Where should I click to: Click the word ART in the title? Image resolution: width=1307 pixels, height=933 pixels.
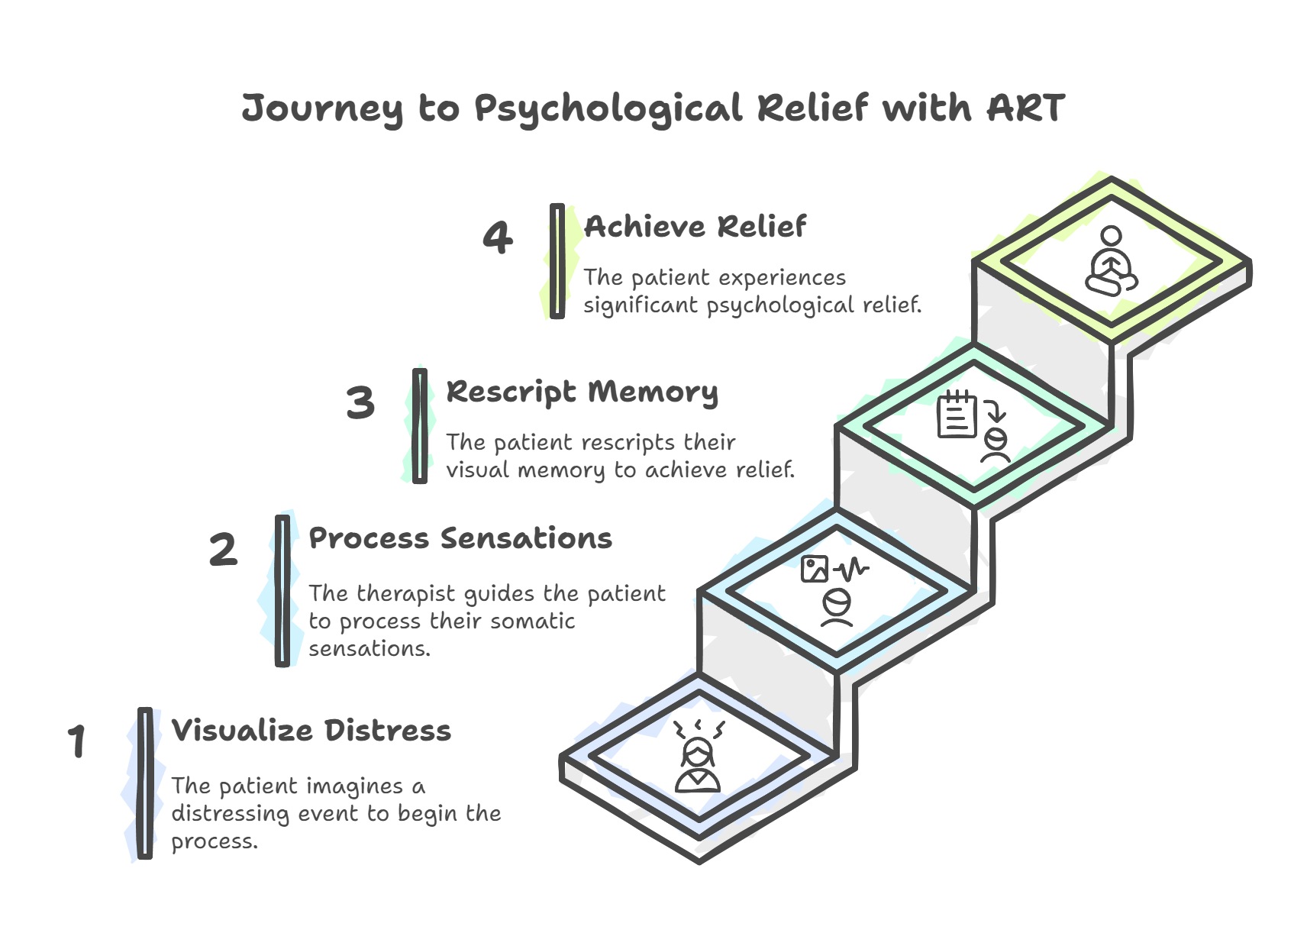(x=1025, y=108)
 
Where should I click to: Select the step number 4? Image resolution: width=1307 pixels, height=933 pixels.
(x=497, y=237)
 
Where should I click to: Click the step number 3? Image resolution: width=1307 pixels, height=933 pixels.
(x=360, y=402)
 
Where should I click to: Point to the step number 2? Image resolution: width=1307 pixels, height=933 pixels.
(x=223, y=550)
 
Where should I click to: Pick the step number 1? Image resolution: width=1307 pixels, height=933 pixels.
(x=76, y=741)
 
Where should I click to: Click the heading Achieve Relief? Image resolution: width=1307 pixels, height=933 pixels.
(x=695, y=227)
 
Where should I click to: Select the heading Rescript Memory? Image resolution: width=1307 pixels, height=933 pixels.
(x=582, y=392)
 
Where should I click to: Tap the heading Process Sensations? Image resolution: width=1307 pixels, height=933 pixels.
(x=460, y=538)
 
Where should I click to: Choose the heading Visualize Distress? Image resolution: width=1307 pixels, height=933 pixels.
(x=311, y=731)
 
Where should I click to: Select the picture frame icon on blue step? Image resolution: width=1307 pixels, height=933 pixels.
(x=815, y=569)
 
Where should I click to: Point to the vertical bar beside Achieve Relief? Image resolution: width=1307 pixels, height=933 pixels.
(x=557, y=261)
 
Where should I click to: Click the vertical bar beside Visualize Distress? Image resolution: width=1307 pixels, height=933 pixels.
(x=144, y=783)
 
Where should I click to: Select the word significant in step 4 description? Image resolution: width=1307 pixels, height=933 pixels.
(x=641, y=305)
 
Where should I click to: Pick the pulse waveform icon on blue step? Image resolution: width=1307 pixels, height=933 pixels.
(x=850, y=569)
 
